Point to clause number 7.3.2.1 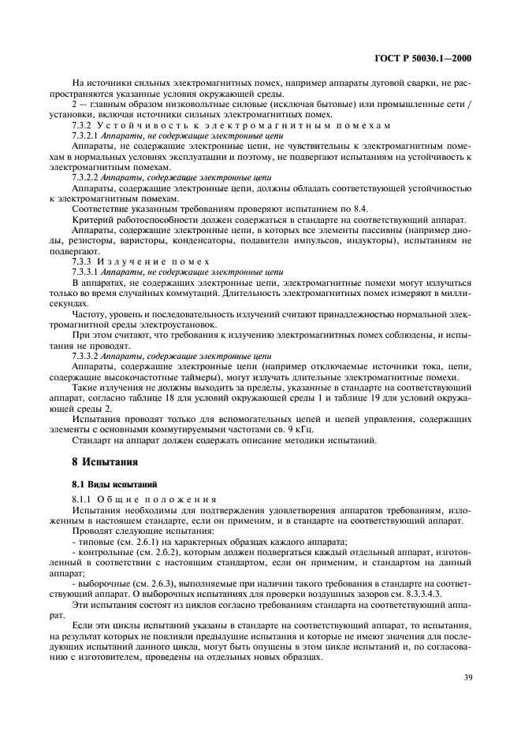(x=87, y=135)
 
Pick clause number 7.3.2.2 (x=87, y=177)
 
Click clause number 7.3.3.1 (x=87, y=271)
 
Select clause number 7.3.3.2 (x=87, y=356)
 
